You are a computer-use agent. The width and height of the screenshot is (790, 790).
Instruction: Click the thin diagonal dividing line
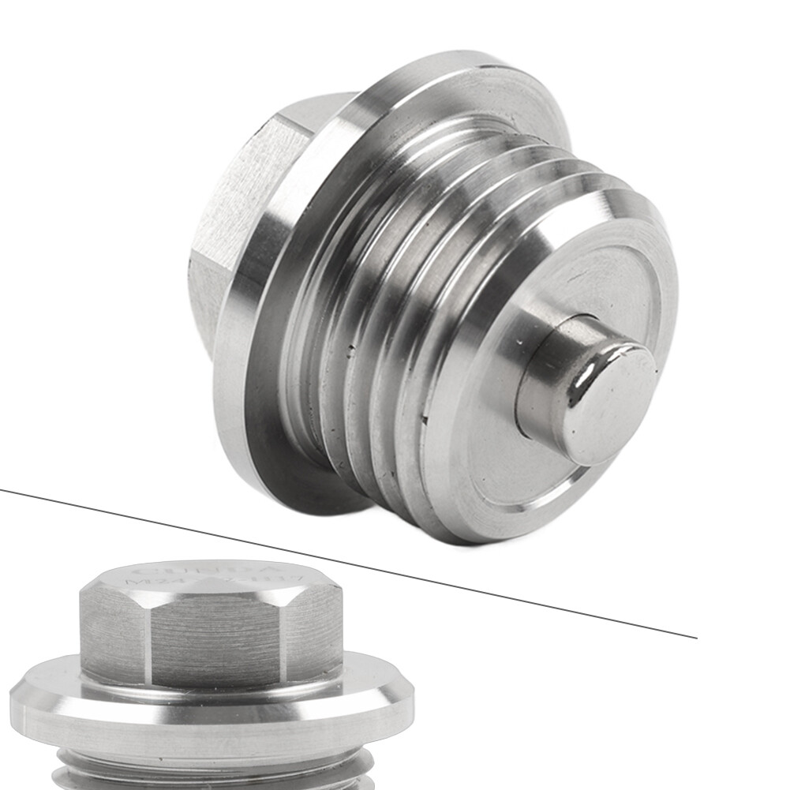(347, 560)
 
